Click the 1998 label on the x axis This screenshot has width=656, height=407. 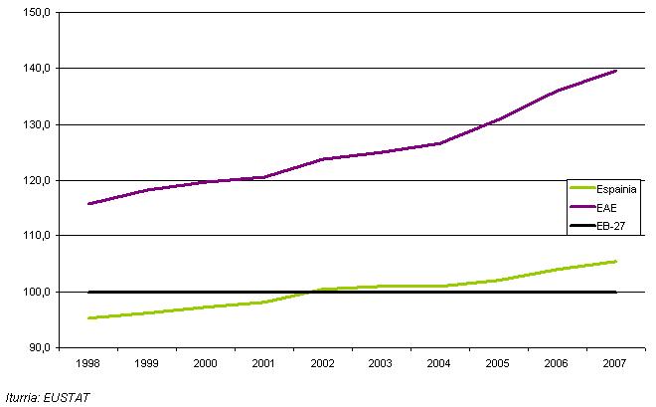tap(88, 364)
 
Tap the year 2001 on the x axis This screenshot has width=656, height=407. tap(263, 364)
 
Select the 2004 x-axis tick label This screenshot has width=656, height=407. tap(439, 364)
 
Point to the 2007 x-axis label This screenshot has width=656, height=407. tap(615, 364)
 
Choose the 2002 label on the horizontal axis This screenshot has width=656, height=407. tap(322, 364)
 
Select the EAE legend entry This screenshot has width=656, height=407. tap(607, 206)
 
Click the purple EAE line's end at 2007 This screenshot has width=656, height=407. tap(616, 71)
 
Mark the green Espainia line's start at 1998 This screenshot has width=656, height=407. tap(88, 318)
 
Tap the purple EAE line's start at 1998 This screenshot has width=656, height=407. tap(88, 204)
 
